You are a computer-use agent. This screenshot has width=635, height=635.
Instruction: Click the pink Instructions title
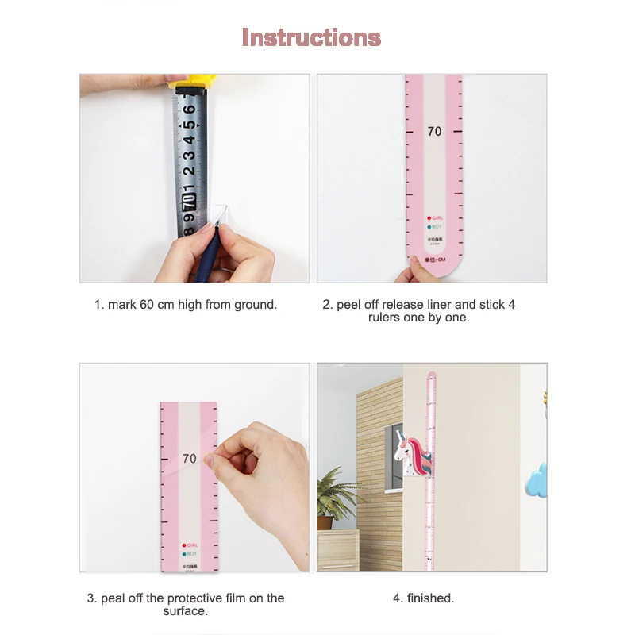pyautogui.click(x=311, y=37)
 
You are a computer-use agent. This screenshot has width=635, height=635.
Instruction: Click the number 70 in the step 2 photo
pyautogui.click(x=434, y=132)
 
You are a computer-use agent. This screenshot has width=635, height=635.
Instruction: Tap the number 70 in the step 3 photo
pyautogui.click(x=189, y=459)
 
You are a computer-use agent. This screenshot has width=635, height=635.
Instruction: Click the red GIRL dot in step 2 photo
pyautogui.click(x=429, y=217)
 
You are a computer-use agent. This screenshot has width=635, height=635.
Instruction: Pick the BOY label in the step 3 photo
pyautogui.click(x=192, y=554)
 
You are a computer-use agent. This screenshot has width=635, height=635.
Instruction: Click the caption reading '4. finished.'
pyautogui.click(x=424, y=598)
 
